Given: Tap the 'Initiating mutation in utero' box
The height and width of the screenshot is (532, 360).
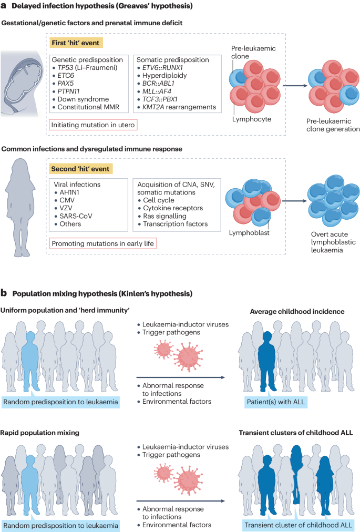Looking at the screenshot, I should coord(93,125).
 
